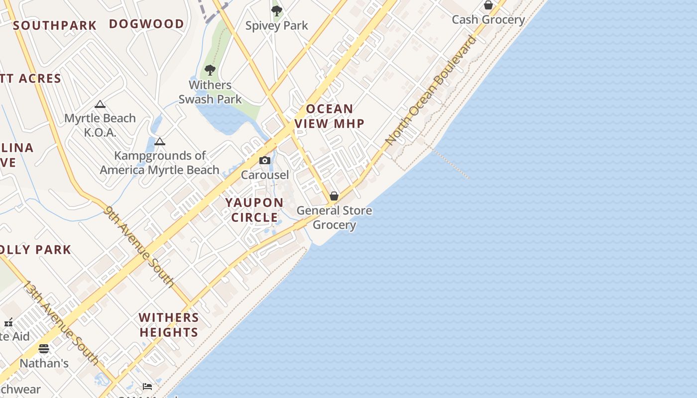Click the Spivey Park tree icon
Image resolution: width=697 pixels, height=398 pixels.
(x=276, y=10)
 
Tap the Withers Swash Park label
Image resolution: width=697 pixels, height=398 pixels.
(x=210, y=92)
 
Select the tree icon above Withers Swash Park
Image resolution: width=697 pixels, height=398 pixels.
(x=210, y=70)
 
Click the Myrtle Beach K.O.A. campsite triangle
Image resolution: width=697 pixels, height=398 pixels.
(x=100, y=104)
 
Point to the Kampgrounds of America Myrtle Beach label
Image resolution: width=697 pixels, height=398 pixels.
(x=159, y=163)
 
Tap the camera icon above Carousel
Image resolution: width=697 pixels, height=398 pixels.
(x=265, y=160)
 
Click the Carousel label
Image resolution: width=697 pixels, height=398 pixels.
(x=265, y=175)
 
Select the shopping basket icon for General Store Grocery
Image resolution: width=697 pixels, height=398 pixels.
(x=334, y=196)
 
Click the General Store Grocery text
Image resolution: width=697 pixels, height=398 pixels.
(x=334, y=217)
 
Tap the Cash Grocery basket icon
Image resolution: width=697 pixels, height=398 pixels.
(x=488, y=5)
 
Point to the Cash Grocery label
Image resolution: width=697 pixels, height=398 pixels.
(x=488, y=20)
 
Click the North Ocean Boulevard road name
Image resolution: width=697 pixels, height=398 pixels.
(x=431, y=91)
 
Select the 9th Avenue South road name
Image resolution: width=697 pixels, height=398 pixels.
(x=140, y=247)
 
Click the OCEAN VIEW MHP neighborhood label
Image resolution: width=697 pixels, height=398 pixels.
(x=330, y=116)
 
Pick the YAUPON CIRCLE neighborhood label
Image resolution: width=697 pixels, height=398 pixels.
(x=254, y=210)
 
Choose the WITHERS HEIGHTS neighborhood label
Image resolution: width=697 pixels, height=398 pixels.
(x=169, y=325)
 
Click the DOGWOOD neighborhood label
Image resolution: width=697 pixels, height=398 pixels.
(x=146, y=24)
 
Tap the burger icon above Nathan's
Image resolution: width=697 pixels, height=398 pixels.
(x=44, y=349)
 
